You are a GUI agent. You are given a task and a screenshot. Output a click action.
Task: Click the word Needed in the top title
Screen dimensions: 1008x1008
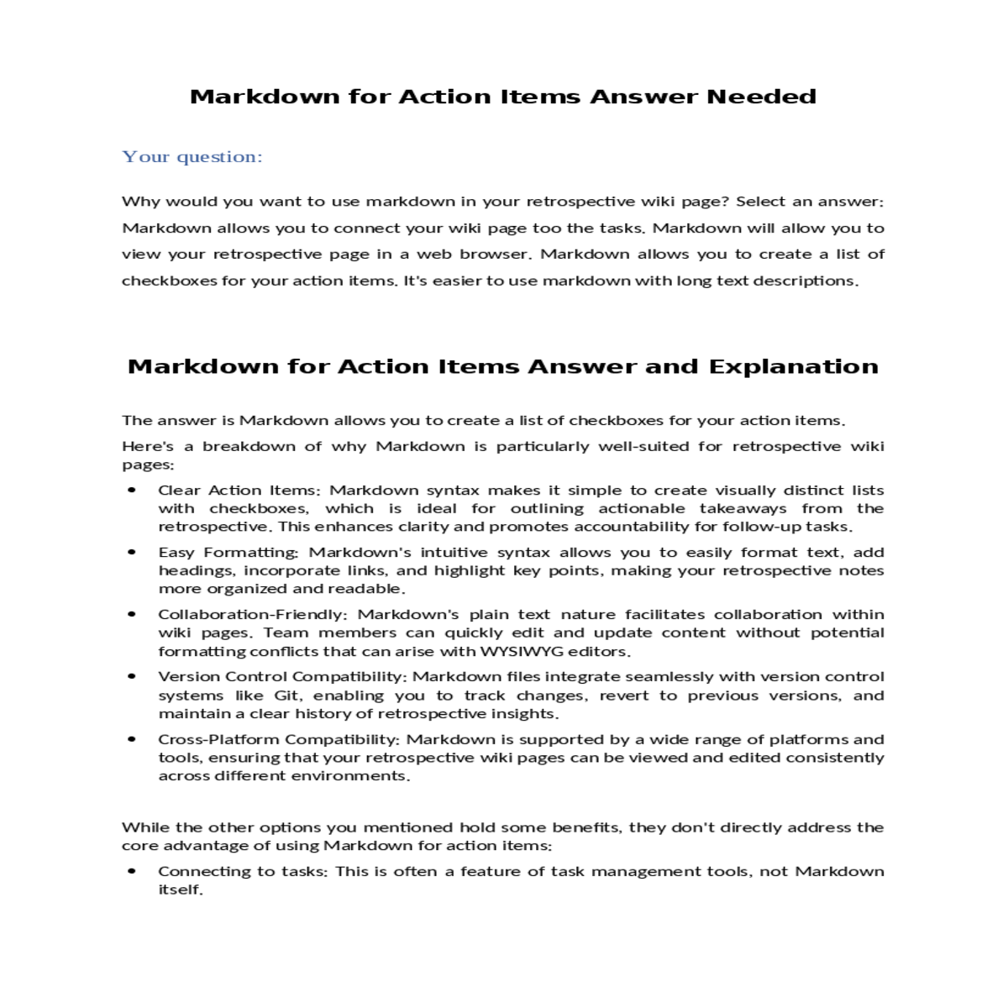[x=761, y=97]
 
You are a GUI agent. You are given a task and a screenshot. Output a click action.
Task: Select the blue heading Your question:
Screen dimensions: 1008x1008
[x=192, y=157]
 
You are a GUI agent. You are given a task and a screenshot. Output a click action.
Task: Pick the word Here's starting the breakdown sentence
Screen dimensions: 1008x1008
[x=148, y=446]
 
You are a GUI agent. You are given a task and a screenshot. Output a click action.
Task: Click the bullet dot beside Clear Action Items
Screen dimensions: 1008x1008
[x=132, y=490]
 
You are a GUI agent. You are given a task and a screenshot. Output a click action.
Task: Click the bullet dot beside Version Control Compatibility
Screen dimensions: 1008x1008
[x=132, y=676]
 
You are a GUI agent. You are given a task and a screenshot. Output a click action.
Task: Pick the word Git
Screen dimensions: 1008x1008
[x=286, y=696]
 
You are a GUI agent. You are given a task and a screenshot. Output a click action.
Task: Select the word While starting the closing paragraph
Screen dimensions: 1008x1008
[x=144, y=827]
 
